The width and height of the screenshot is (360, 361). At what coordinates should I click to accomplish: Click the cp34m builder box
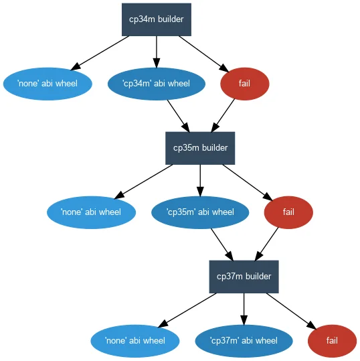tap(157, 19)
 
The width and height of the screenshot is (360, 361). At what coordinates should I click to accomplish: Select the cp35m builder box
tap(200, 148)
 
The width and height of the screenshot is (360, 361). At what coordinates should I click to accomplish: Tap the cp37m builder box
tap(244, 277)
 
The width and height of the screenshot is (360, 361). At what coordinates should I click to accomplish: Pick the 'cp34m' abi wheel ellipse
tap(157, 84)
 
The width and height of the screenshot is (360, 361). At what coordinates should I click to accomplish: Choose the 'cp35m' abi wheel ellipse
tap(200, 212)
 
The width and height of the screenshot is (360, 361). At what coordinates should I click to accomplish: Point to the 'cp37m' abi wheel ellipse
tap(244, 341)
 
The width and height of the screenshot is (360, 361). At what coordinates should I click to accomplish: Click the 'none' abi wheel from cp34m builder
tap(48, 84)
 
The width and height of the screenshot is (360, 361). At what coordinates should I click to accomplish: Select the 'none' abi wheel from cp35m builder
tap(91, 212)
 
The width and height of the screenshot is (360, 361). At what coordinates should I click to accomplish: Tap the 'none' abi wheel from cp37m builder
tap(135, 341)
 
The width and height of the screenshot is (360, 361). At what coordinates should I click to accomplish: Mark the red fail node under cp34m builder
tap(245, 84)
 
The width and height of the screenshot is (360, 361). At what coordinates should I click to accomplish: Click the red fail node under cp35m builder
tap(288, 212)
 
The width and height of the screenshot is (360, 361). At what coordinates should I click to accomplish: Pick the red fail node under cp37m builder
tap(332, 341)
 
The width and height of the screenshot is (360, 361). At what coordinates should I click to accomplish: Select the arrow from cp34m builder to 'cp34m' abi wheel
tap(157, 52)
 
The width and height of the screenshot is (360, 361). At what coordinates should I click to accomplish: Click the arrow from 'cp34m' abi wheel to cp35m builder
tap(179, 116)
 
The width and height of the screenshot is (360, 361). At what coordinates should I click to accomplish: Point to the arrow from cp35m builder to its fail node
tap(248, 183)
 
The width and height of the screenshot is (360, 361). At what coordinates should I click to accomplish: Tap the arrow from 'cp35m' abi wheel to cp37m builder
tap(222, 244)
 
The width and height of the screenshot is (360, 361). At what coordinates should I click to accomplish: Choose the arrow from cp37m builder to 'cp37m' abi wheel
tap(244, 309)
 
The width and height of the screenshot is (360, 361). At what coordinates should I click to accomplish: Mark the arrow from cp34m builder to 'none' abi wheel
tap(100, 53)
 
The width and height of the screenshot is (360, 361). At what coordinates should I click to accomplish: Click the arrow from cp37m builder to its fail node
tap(292, 311)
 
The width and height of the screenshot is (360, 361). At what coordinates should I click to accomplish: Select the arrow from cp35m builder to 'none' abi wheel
tap(143, 182)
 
